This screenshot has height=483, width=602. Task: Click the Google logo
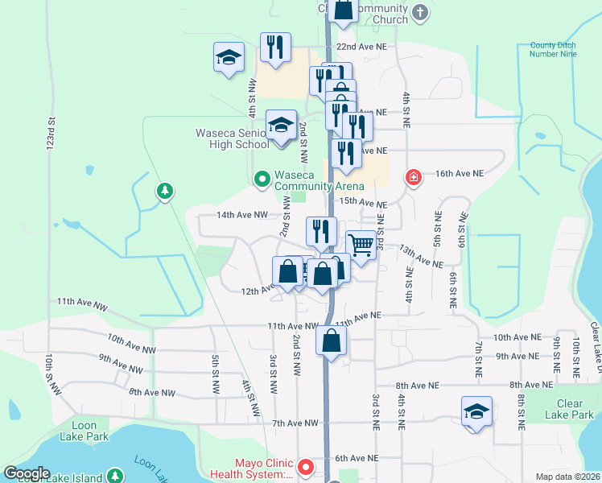pos(27,473)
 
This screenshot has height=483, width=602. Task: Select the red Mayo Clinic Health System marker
pos(306,466)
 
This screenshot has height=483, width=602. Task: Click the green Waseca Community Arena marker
pos(262,179)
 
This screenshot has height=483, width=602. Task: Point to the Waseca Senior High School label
pos(233,138)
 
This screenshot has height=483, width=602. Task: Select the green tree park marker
pos(164,191)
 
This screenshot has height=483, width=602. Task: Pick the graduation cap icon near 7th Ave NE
pos(476,412)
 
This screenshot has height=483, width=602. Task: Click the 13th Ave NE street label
pos(421,258)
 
